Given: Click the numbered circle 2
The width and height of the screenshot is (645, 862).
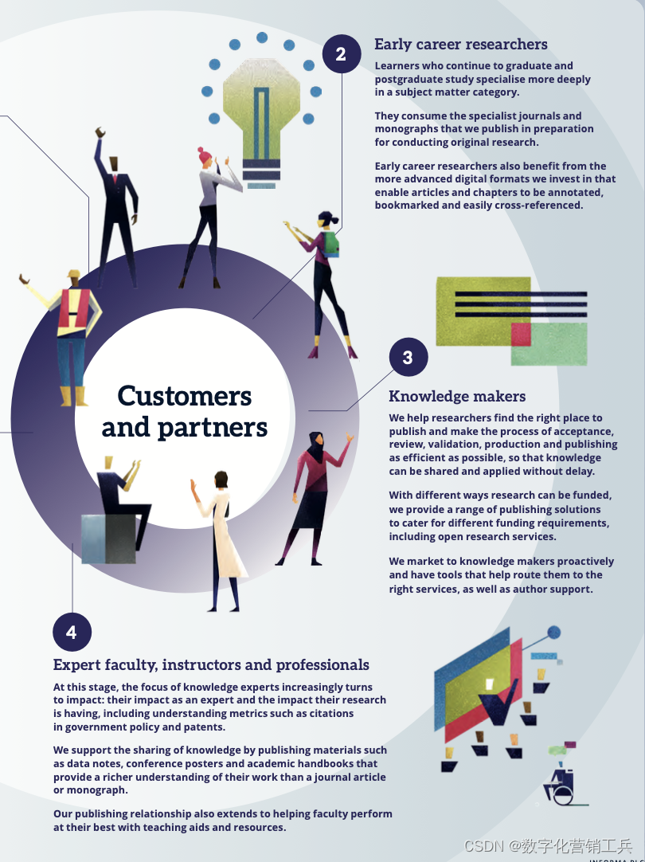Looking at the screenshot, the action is tap(341, 54).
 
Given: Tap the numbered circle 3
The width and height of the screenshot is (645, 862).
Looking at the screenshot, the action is tap(408, 358).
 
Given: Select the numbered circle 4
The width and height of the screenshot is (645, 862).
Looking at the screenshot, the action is tap(72, 633).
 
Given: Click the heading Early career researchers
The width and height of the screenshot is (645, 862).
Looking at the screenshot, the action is tap(461, 45).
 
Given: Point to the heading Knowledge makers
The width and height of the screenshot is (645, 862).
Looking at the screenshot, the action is tap(457, 397).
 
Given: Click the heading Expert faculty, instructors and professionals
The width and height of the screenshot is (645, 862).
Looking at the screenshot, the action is tap(211, 664).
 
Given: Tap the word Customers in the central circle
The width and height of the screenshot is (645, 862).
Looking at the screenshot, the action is tap(185, 396).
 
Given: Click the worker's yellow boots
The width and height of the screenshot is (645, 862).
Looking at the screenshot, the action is tap(72, 396).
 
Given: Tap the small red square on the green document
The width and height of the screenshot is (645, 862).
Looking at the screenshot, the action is tap(521, 333).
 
